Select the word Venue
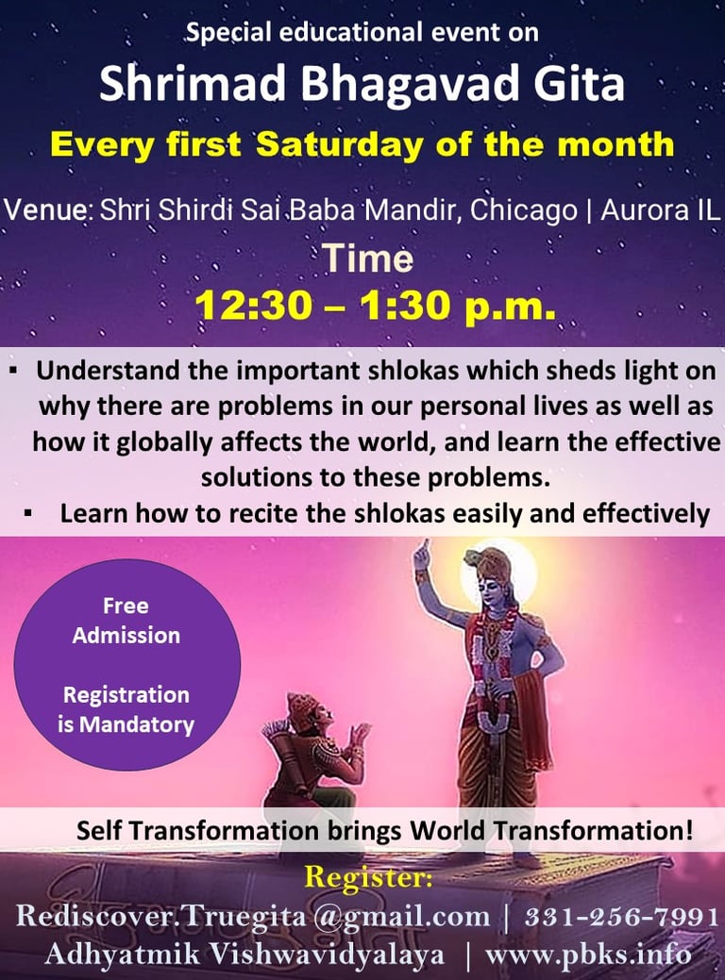click(x=45, y=210)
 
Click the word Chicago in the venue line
click(x=523, y=211)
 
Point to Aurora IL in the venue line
click(x=661, y=210)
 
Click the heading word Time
click(x=368, y=257)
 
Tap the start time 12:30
click(x=253, y=306)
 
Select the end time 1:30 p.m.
click(x=458, y=306)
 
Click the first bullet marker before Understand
click(x=13, y=371)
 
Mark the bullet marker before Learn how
click(x=28, y=514)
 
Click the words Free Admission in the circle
click(x=126, y=621)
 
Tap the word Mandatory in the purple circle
click(x=137, y=724)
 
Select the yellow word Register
click(x=368, y=877)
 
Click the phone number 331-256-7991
click(x=622, y=917)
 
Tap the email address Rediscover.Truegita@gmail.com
click(x=253, y=917)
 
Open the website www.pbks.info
click(x=589, y=955)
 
